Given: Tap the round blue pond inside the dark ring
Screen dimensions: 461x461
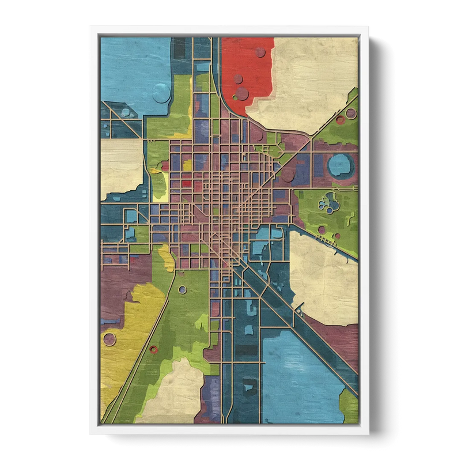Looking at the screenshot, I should click(339, 165).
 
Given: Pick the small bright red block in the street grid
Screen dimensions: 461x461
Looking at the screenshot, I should click(186, 183).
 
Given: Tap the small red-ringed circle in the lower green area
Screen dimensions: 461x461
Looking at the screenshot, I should click(155, 349).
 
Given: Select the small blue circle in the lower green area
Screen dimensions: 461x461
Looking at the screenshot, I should click(183, 289).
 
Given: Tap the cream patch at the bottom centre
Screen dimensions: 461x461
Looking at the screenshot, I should click(173, 392).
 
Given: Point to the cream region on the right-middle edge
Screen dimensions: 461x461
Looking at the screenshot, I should click(323, 271).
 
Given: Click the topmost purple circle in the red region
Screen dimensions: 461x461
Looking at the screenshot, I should click(260, 52).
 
